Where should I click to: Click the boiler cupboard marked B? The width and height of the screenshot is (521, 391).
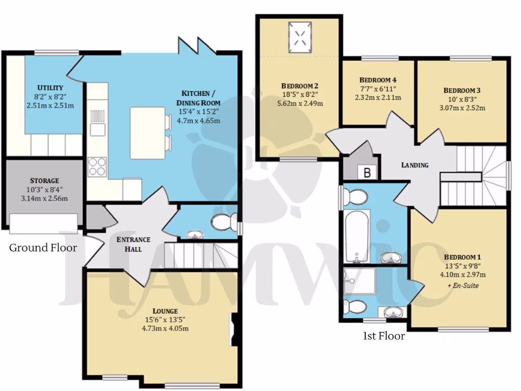(x=367, y=172)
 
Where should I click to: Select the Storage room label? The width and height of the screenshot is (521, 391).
(x=45, y=180)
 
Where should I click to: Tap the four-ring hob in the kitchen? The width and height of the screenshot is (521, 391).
(x=97, y=166)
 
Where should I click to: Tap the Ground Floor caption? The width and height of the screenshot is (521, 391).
(x=43, y=248)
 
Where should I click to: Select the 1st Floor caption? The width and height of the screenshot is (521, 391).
(x=384, y=336)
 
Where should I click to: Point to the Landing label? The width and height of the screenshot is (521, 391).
(x=415, y=165)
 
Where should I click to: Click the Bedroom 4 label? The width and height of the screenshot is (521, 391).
(x=378, y=80)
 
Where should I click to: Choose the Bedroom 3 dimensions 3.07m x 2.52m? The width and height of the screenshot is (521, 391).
(x=461, y=107)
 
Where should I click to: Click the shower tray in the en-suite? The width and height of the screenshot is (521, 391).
(x=359, y=281)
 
